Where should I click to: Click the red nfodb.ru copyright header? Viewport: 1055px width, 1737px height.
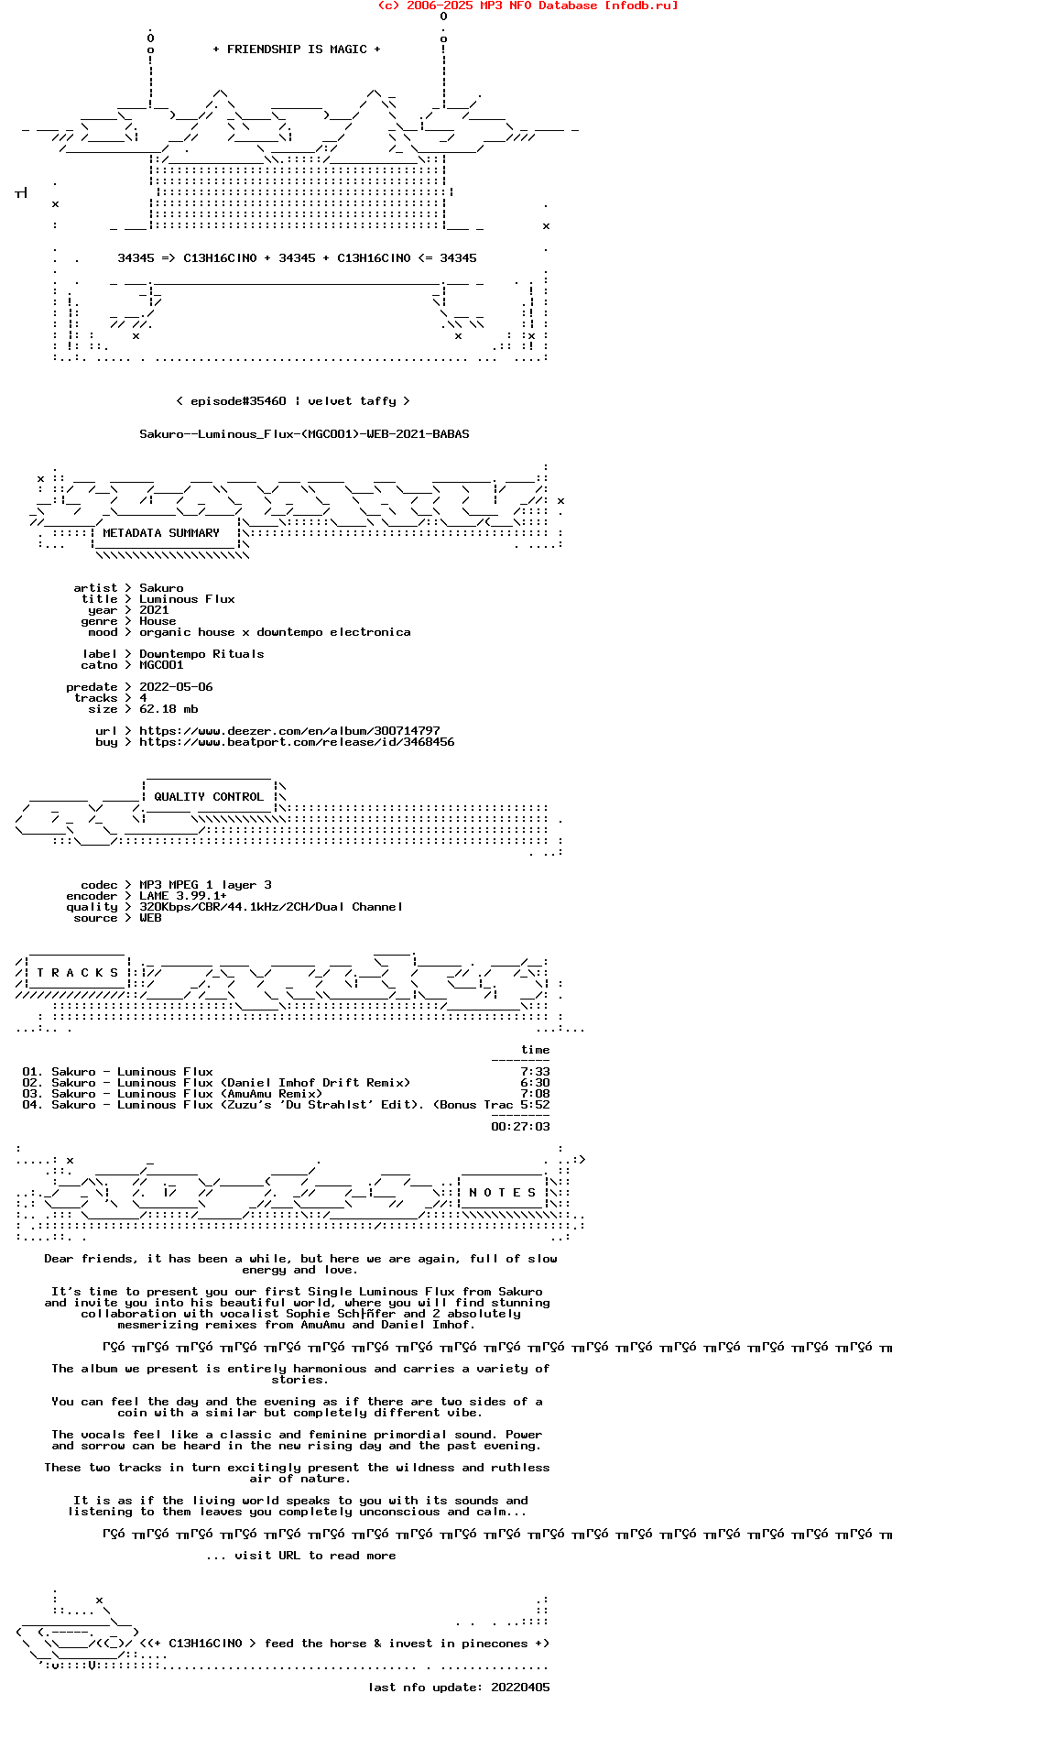tap(527, 5)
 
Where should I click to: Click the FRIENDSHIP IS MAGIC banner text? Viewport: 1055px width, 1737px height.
tap(296, 49)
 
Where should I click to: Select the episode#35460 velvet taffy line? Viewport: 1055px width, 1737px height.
tap(292, 401)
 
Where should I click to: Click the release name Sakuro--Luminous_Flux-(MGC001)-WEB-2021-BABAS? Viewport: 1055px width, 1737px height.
tap(304, 434)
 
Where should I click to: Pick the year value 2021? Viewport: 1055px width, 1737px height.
tap(154, 610)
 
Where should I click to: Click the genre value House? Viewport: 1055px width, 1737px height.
tap(158, 621)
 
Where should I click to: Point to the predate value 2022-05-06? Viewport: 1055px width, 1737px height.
tap(176, 687)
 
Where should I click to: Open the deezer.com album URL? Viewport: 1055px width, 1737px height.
tap(289, 731)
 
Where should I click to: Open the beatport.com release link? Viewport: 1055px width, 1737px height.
tap(297, 742)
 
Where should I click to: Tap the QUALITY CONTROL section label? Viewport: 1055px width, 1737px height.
tap(208, 797)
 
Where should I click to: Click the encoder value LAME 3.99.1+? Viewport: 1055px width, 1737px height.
tap(183, 896)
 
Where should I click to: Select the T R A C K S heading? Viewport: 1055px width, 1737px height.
tap(78, 973)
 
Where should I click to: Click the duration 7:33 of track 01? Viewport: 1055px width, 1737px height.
tap(535, 1072)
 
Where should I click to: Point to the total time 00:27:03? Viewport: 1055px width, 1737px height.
tap(520, 1127)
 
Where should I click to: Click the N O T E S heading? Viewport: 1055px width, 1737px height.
tap(502, 1193)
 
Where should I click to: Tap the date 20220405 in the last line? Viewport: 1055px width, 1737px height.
tap(520, 1688)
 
